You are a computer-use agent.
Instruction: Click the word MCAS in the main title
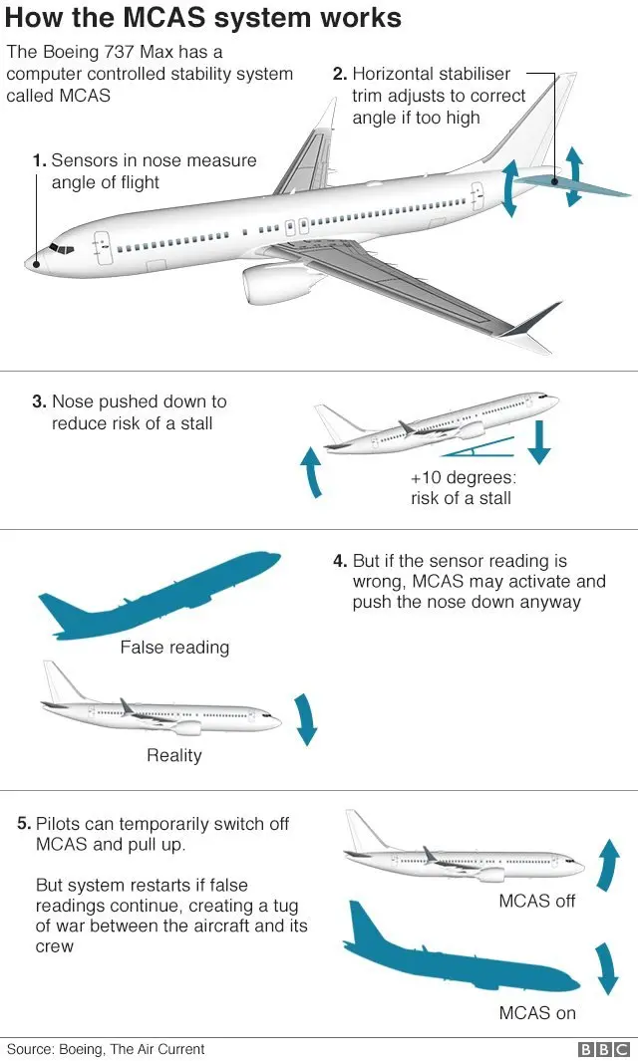[x=216, y=18]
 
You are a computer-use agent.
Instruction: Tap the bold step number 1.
[x=39, y=160]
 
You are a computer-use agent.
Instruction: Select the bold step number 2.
[x=340, y=74]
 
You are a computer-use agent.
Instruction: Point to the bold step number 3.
[x=39, y=402]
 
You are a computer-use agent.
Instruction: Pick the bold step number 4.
[x=340, y=562]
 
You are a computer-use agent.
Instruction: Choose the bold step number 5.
[x=24, y=824]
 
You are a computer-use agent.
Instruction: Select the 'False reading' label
[x=174, y=648]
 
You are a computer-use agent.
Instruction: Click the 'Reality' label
[x=174, y=755]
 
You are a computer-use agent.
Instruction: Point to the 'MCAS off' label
[x=537, y=902]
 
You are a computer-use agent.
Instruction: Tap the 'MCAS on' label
[x=537, y=1013]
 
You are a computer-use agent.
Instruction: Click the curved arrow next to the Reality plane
[x=305, y=719]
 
